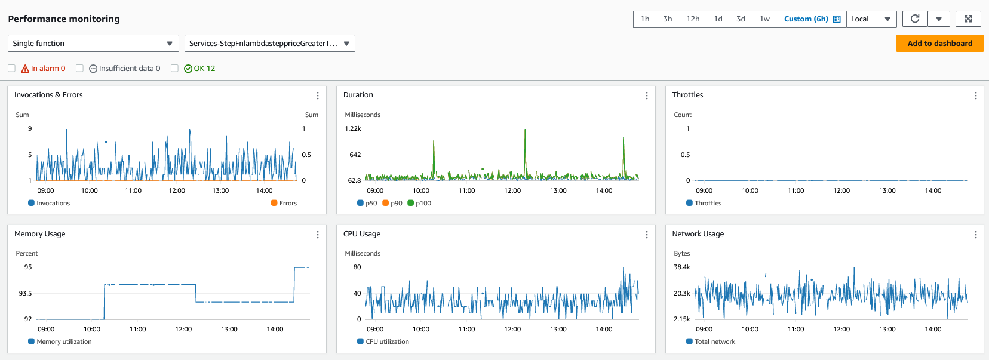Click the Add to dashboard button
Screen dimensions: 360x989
939,44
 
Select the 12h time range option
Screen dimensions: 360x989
693,19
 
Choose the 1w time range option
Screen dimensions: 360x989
764,19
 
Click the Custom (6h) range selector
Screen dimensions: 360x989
812,19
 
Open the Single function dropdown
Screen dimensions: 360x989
93,44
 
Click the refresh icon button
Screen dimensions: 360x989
915,19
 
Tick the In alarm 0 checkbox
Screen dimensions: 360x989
11,69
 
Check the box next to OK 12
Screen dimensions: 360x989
174,69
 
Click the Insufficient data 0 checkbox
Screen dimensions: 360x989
79,69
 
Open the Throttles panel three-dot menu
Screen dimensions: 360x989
976,96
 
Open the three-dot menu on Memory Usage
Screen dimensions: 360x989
318,235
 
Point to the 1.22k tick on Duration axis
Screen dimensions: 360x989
353,128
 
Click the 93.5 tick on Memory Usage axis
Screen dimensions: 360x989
25,293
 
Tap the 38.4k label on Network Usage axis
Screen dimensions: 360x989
682,267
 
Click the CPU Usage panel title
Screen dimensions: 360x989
362,234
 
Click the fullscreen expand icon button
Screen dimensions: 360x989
968,19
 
